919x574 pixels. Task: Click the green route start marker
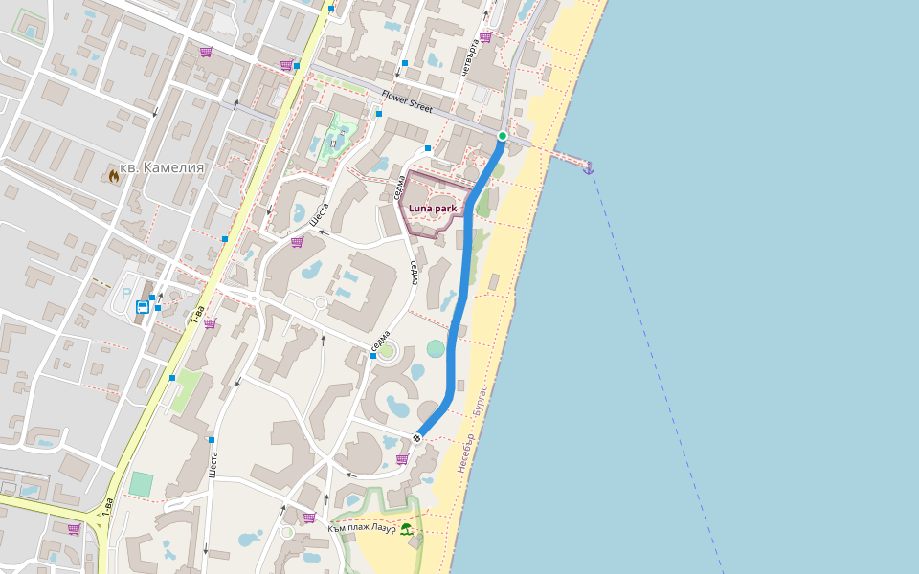point(502,136)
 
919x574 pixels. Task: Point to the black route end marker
point(417,438)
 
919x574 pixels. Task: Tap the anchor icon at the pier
point(589,168)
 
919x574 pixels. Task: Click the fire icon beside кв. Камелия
point(114,175)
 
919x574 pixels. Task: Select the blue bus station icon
point(142,307)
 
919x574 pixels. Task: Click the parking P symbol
point(125,294)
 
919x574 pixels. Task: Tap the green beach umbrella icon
point(406,528)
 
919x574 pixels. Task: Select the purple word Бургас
point(481,402)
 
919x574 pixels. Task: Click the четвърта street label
point(469,57)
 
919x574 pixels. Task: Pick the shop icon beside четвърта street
point(485,37)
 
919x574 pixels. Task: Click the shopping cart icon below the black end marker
point(402,459)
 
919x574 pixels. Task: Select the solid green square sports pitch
point(141,484)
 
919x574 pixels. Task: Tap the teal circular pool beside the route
point(437,348)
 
